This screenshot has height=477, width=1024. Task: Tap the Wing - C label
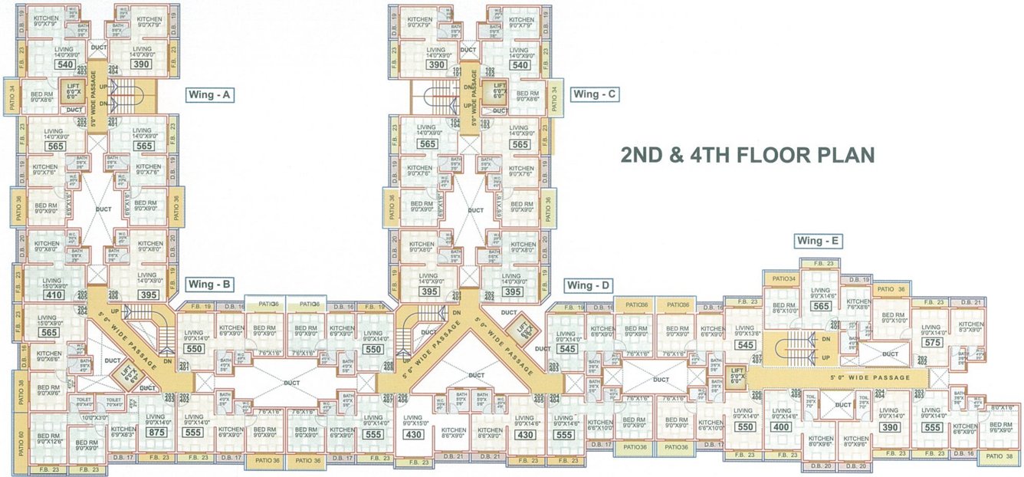(x=596, y=94)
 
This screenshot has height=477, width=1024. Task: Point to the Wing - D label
(x=589, y=286)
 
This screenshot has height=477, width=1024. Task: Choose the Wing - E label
(x=819, y=241)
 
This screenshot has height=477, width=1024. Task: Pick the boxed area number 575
(x=932, y=343)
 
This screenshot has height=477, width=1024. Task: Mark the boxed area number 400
(x=781, y=427)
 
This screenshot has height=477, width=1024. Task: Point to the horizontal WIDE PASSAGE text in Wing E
(x=869, y=377)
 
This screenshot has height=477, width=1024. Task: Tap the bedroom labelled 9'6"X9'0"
(x=1000, y=428)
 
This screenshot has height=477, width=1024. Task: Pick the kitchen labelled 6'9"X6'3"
(x=123, y=432)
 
